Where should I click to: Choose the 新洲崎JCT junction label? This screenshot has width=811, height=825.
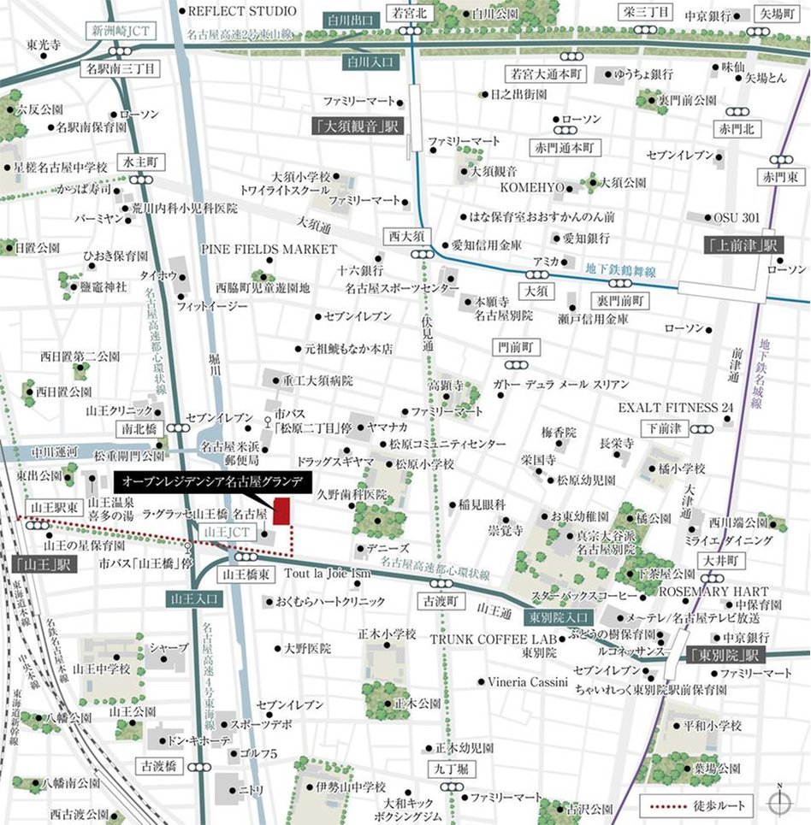pyautogui.click(x=121, y=31)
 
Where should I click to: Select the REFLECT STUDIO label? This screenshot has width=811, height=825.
pyautogui.click(x=241, y=11)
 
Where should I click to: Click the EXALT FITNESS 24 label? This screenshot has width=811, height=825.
pyautogui.click(x=676, y=407)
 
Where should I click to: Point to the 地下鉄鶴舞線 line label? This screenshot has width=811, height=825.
pyautogui.click(x=622, y=271)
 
